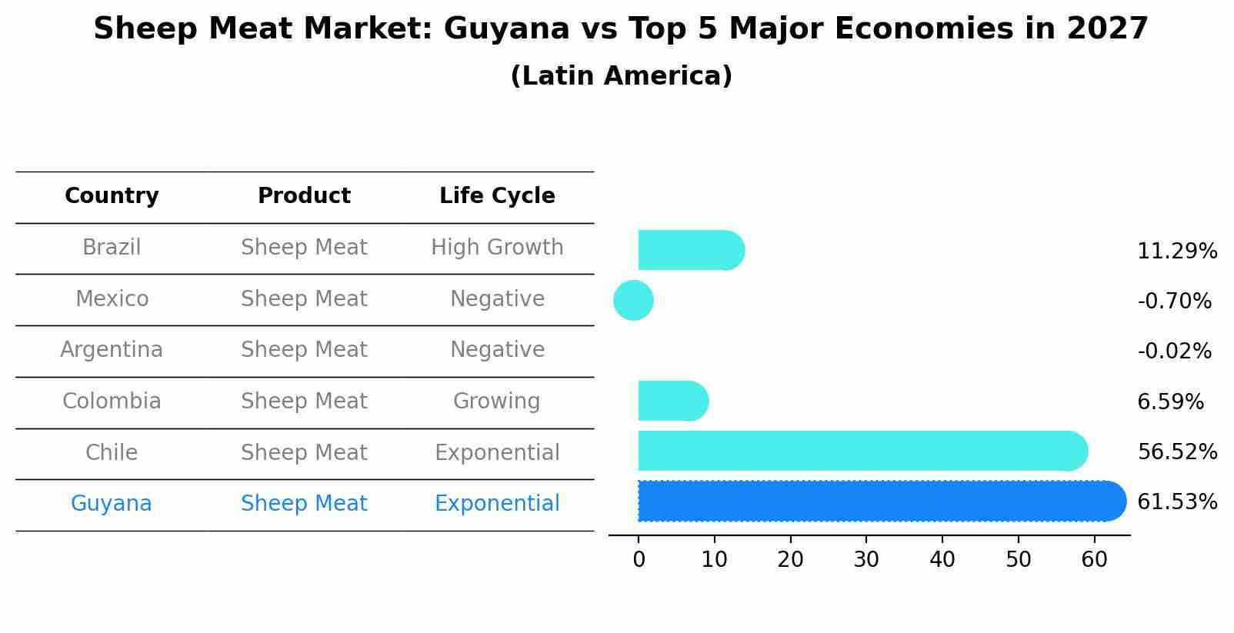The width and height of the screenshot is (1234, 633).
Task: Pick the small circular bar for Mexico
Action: pyautogui.click(x=633, y=300)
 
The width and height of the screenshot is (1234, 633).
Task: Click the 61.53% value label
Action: pyautogui.click(x=1176, y=502)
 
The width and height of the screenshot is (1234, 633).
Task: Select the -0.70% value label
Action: pyautogui.click(x=1174, y=301)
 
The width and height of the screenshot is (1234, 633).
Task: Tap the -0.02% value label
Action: pyautogui.click(x=1174, y=351)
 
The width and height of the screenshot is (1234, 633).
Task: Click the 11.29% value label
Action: pyautogui.click(x=1176, y=252)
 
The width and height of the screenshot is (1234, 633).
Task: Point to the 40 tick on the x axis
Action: pyautogui.click(x=942, y=559)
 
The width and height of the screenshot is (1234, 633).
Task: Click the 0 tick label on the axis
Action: pyautogui.click(x=639, y=559)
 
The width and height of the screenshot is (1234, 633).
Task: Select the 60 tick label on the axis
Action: pyautogui.click(x=1094, y=559)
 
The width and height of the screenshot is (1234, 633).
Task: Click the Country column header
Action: pyautogui.click(x=112, y=196)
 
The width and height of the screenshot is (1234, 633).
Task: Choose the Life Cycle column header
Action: pyautogui.click(x=497, y=196)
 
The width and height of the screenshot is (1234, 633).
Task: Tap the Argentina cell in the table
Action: pyautogui.click(x=112, y=350)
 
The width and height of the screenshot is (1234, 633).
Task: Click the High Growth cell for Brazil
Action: pyautogui.click(x=497, y=248)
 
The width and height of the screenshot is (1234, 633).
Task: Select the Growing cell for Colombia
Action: pyautogui.click(x=497, y=401)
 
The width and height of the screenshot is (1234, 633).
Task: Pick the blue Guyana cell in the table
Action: pyautogui.click(x=112, y=504)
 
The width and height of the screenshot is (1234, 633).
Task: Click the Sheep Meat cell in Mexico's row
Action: pyautogui.click(x=304, y=299)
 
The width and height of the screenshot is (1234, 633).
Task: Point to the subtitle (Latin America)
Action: pyautogui.click(x=621, y=76)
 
